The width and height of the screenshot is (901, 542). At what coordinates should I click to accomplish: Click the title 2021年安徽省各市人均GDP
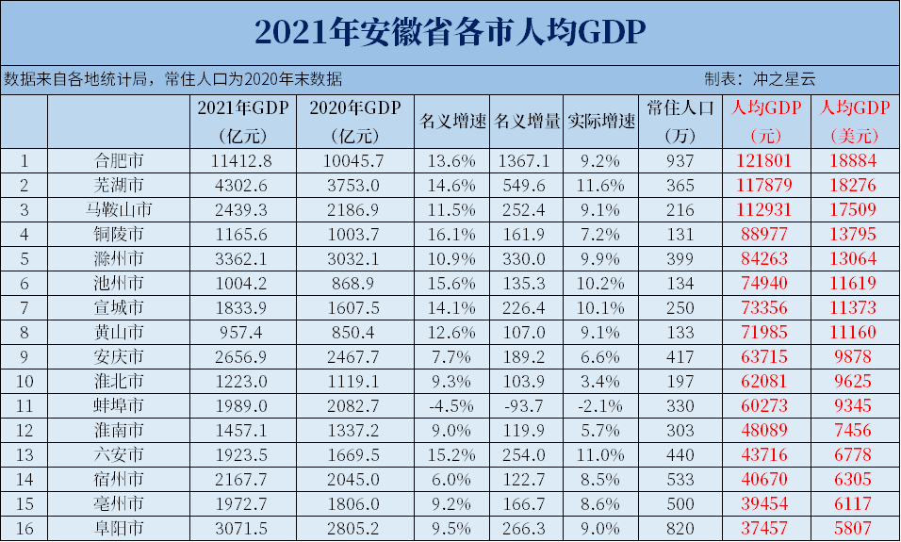pyautogui.click(x=450, y=32)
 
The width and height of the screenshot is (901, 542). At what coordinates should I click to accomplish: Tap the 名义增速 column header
pyautogui.click(x=451, y=122)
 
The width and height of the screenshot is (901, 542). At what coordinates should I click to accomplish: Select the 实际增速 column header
pyautogui.click(x=601, y=122)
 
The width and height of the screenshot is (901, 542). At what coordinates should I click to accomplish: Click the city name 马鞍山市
pyautogui.click(x=119, y=208)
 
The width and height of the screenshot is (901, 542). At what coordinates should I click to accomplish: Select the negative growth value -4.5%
pyautogui.click(x=451, y=405)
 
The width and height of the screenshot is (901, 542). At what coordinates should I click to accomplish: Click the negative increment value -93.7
pyautogui.click(x=526, y=405)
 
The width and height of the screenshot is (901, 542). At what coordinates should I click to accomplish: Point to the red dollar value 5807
pyautogui.click(x=853, y=528)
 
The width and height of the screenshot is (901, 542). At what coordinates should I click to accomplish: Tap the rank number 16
pyautogui.click(x=24, y=528)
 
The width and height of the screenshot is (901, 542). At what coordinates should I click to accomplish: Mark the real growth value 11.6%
pyautogui.click(x=601, y=184)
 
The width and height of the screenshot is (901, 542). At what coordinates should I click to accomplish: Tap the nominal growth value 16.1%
pyautogui.click(x=451, y=233)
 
